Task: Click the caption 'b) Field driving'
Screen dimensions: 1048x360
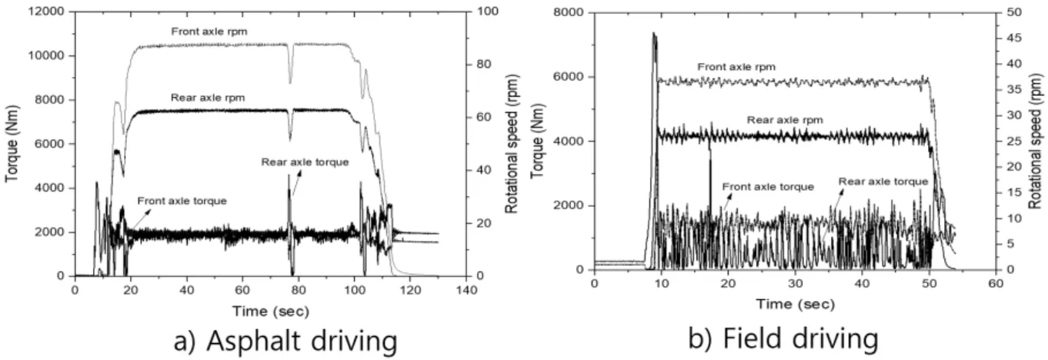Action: point(783,338)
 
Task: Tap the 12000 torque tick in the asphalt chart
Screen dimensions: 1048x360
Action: point(46,12)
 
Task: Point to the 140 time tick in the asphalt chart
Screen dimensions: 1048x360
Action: point(466,290)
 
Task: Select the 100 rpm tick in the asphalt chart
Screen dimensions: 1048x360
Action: point(488,12)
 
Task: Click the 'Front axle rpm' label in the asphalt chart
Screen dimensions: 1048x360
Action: point(209,32)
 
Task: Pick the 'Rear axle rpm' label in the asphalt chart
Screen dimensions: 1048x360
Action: point(208,98)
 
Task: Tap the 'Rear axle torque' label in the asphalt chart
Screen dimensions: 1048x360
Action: point(305,162)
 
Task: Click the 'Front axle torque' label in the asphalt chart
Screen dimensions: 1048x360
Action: point(182,201)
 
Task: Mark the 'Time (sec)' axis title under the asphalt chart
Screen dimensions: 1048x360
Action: point(271,311)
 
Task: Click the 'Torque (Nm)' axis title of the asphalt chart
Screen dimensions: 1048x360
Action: point(12,143)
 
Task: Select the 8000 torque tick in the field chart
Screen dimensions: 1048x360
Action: point(569,12)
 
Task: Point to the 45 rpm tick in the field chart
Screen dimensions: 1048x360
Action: point(1014,38)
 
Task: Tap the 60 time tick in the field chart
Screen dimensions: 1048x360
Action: point(996,284)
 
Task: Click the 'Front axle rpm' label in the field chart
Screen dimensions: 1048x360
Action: point(736,67)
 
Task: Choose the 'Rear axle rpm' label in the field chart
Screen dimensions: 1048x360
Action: point(785,120)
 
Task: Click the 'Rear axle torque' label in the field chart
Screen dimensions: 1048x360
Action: point(883,182)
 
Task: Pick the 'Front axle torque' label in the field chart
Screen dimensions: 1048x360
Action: point(768,187)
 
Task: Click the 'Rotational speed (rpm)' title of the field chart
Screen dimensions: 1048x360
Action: point(1036,142)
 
